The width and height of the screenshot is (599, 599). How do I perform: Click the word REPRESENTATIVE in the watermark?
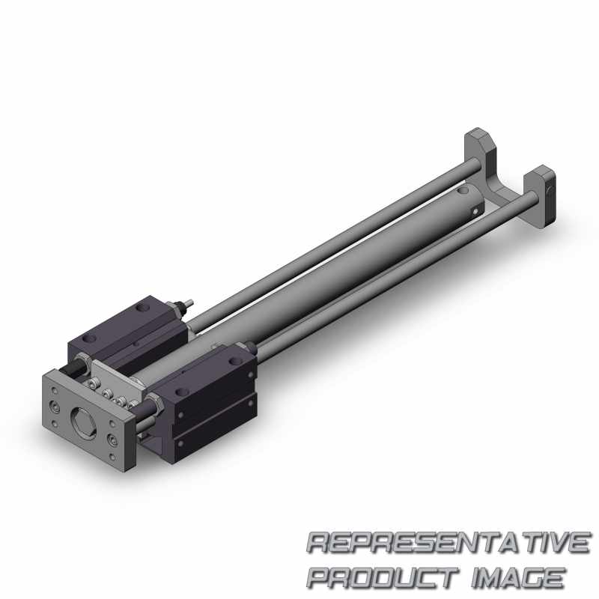[x=448, y=542]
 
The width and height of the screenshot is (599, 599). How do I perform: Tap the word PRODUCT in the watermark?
[x=383, y=577]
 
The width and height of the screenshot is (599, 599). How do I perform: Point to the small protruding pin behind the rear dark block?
[x=188, y=304]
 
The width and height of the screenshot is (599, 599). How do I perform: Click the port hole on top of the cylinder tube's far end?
[x=462, y=190]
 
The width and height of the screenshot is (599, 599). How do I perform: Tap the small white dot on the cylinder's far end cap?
[x=475, y=210]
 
